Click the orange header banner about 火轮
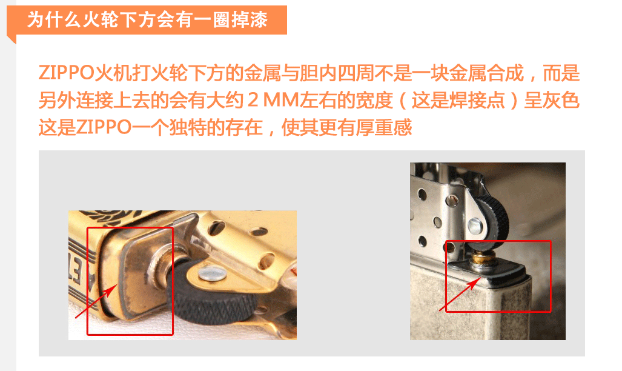pyautogui.click(x=147, y=20)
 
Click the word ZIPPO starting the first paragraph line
pyautogui.click(x=66, y=73)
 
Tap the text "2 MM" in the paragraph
pyautogui.click(x=273, y=100)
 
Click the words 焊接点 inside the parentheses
pyautogui.click(x=477, y=100)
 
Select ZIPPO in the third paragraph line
pyautogui.click(x=104, y=127)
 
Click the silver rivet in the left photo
pyautogui.click(x=212, y=273)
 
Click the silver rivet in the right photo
pyautogui.click(x=476, y=226)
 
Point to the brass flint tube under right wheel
pyautogui.click(x=482, y=259)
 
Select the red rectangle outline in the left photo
pyautogui.click(x=87, y=281)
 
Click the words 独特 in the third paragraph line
pyautogui.click(x=188, y=127)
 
